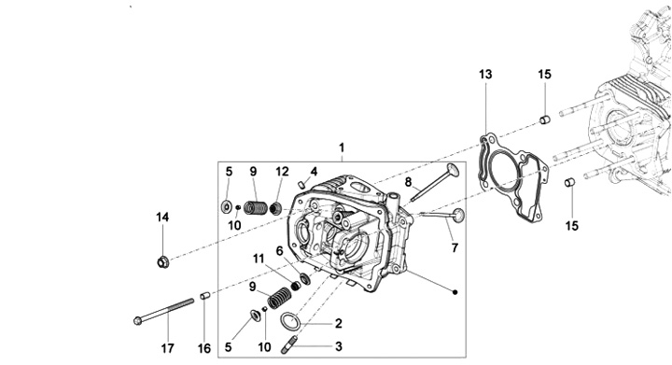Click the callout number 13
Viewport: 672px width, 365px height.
point(485,75)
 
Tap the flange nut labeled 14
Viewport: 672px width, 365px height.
point(162,261)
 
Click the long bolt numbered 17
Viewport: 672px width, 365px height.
point(163,311)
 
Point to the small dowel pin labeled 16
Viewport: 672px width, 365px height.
point(205,296)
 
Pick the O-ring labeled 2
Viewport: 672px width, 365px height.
point(290,321)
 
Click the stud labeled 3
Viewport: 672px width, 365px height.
point(289,345)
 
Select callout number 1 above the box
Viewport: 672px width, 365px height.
point(342,147)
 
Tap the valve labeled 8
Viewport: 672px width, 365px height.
point(434,183)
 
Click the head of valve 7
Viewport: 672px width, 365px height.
point(457,215)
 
